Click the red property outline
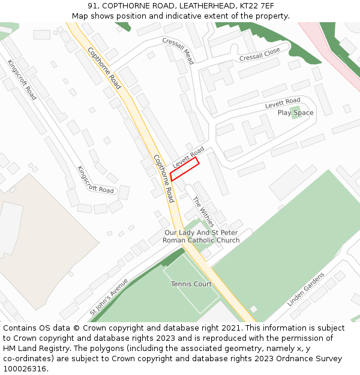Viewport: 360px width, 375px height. point(184,169)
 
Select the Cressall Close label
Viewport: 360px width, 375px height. point(259,55)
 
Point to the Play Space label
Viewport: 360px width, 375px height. point(295,113)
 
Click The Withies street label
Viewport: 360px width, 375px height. point(203,211)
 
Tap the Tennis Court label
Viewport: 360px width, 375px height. point(191,284)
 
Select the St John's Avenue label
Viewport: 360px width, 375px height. point(109,297)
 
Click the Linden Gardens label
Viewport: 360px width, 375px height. point(305,289)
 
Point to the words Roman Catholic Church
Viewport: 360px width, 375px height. point(201,240)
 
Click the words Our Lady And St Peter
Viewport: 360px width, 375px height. point(201,232)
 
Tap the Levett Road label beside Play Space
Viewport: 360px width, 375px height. point(283,103)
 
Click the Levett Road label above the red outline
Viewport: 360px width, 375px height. point(188,157)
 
